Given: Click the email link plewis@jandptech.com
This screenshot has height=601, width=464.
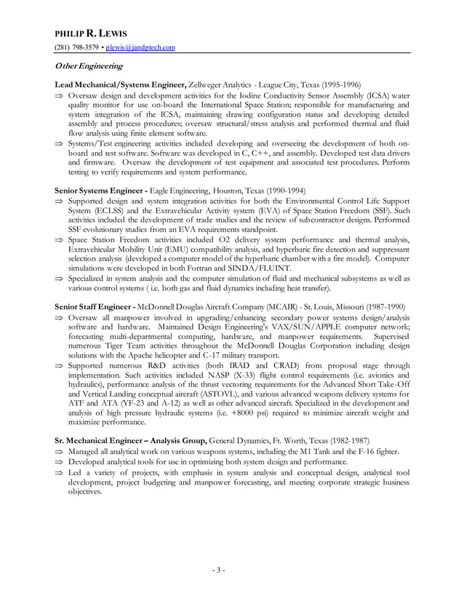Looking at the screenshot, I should pyautogui.click(x=140, y=47).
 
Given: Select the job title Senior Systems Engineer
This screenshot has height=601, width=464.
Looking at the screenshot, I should pyautogui.click(x=99, y=191).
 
